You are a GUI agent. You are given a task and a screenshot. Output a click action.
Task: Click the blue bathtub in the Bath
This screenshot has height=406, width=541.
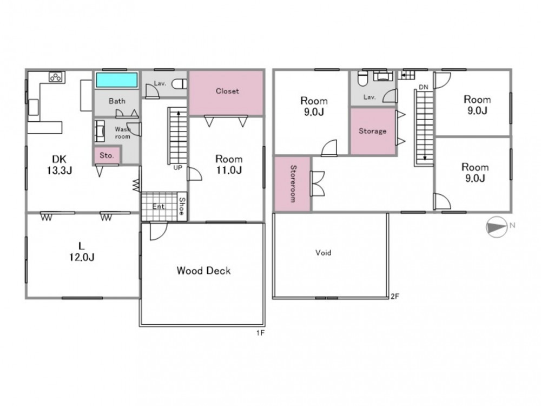point(117,80)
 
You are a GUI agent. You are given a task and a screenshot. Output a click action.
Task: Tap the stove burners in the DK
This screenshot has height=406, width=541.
point(56,77)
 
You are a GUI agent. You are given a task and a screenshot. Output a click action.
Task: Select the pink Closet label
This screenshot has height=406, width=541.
point(227,91)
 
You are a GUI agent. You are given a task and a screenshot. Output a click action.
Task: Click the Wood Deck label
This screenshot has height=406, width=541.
point(203,271)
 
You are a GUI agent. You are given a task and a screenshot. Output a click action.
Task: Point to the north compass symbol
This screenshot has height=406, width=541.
point(497,227)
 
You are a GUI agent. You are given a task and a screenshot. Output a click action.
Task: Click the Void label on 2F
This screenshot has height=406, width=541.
point(324,253)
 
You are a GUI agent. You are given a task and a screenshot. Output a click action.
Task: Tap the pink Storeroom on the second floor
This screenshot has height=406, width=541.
point(293,184)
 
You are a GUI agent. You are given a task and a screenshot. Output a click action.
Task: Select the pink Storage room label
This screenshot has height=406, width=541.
point(372,131)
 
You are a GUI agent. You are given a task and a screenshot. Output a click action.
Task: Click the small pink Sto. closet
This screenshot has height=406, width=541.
point(107,155)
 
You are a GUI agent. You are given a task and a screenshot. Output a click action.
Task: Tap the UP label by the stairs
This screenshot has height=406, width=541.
point(177,168)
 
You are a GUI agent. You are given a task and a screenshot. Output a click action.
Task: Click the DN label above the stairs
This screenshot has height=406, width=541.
point(424,87)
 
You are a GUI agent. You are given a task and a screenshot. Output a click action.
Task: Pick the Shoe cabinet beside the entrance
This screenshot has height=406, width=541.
point(182,206)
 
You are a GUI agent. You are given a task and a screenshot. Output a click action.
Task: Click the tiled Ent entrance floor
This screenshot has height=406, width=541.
point(159,206)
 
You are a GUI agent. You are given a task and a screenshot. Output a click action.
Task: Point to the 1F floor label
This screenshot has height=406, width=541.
point(260,333)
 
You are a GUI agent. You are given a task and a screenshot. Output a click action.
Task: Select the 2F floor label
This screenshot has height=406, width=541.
point(395,296)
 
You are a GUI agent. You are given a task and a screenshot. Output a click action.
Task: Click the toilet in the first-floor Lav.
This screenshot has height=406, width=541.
point(179,84)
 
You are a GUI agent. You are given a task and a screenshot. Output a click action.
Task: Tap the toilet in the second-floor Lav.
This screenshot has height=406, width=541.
point(362,78)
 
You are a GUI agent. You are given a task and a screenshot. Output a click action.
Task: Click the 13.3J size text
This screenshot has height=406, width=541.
point(60,170)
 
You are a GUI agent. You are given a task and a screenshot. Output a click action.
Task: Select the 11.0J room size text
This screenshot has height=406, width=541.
point(229,170)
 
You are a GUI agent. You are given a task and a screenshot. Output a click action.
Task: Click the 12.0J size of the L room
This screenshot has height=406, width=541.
point(82,257)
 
